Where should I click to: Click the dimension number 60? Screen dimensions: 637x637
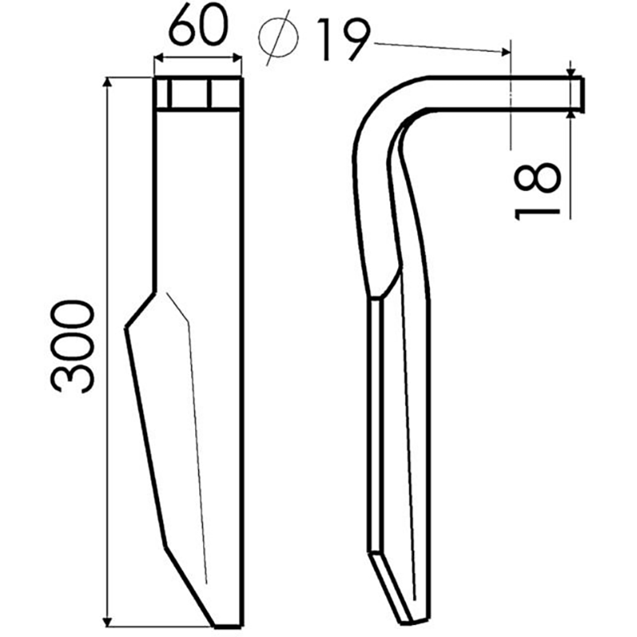tap(197, 30)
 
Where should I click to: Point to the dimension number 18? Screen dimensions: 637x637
tap(537, 189)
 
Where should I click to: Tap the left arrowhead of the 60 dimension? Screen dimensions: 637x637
tap(156, 57)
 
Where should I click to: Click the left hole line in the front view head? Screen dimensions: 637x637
tap(169, 93)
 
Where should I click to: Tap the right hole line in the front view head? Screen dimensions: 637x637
tap(210, 93)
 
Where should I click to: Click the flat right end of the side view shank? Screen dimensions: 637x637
tap(583, 93)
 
